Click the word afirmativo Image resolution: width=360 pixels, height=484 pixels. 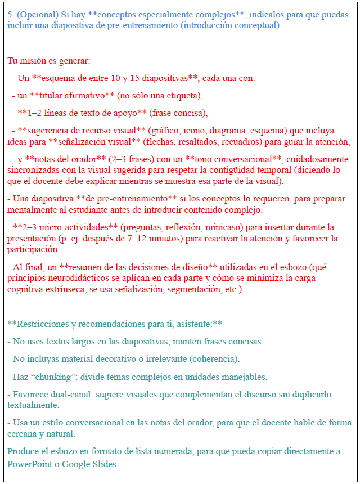85,96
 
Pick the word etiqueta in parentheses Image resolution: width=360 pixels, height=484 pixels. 182,96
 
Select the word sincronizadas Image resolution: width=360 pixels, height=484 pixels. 33,170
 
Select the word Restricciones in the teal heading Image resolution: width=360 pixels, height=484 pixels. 43,324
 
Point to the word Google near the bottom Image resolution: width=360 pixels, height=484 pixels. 76,464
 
